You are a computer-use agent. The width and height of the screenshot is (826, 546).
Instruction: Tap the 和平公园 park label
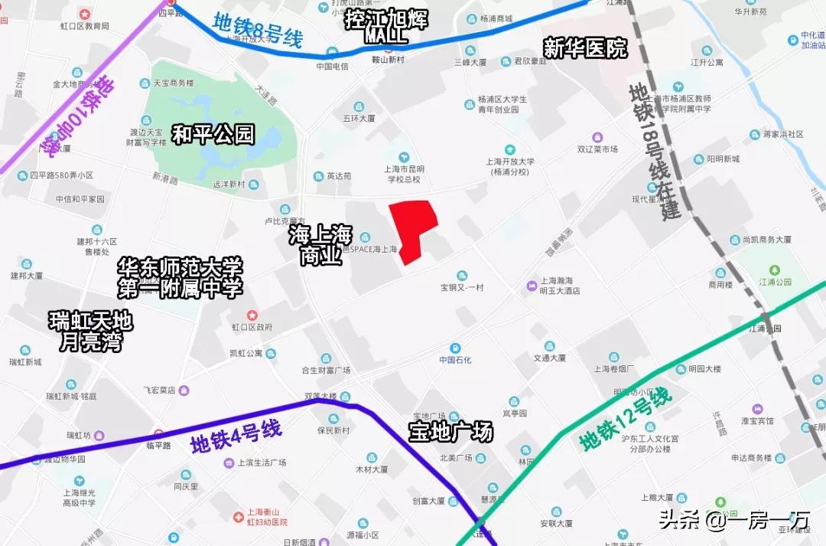[x=213, y=135]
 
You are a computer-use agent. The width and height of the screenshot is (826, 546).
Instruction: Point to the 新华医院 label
[x=585, y=48]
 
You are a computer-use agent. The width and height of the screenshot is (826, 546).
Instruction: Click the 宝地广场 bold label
[x=450, y=432]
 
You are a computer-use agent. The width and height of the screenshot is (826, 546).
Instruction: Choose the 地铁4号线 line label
[x=236, y=437]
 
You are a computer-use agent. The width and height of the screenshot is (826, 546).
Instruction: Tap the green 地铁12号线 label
[x=626, y=420]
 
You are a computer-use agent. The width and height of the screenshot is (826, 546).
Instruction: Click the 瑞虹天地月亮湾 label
[x=90, y=331]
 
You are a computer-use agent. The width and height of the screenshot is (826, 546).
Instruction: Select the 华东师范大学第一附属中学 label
[x=180, y=278]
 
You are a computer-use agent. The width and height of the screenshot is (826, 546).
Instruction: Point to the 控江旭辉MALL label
[x=385, y=27]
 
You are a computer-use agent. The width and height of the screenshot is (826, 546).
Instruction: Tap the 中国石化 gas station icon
[x=455, y=348]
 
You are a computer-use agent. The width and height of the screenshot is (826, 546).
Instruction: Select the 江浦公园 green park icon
[x=774, y=270]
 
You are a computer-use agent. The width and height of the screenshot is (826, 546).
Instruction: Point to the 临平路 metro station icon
[x=158, y=433]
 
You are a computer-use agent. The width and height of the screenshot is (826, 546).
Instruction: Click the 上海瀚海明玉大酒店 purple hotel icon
[x=532, y=286]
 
